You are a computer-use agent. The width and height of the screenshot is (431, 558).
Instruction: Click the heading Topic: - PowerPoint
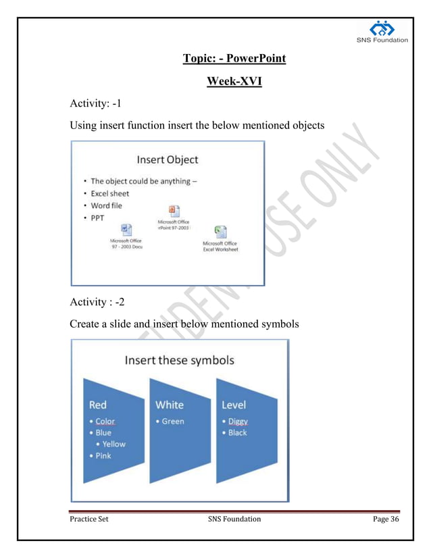coord(234,59)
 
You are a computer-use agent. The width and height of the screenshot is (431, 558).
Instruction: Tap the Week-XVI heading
coord(234,82)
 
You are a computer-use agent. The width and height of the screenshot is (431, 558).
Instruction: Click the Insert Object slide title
coord(168,159)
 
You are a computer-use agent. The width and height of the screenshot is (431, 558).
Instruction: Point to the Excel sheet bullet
coord(110,193)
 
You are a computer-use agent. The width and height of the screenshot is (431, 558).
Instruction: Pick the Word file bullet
coord(107,205)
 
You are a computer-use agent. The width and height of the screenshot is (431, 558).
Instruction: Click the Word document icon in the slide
coord(126,230)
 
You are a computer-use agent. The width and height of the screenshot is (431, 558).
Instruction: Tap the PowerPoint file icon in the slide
coord(174,210)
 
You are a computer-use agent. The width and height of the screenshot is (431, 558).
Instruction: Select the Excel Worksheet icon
coord(220,232)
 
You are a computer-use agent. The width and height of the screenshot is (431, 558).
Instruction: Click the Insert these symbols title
coord(179,359)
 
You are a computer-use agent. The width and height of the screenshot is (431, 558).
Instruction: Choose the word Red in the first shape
coord(98,405)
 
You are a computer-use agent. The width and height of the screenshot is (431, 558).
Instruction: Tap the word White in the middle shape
coord(169,405)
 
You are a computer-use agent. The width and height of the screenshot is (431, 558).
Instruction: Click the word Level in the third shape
coord(234,405)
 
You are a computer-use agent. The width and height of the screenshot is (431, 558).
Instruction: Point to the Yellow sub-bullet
coord(114,444)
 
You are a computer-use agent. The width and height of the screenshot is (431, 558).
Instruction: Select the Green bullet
coord(173,421)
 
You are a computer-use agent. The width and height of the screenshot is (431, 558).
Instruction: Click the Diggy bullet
coord(238,421)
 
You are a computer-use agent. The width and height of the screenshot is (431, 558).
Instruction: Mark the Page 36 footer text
coord(386,519)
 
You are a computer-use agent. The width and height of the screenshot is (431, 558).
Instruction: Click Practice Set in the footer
coord(89,519)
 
